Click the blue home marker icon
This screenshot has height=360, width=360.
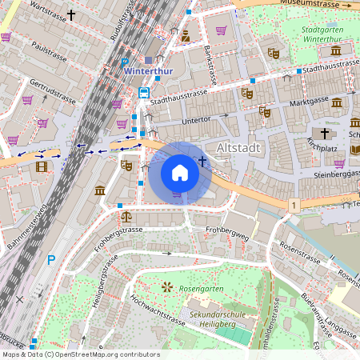pyautogui.click(x=180, y=172)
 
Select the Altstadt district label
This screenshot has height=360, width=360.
pyautogui.click(x=240, y=148)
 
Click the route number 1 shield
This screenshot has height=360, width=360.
pyautogui.click(x=294, y=206)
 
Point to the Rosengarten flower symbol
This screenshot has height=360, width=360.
pyautogui.click(x=166, y=286)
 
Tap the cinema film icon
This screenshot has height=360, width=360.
pyautogui.click(x=41, y=166)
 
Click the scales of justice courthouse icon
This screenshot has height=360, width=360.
pyautogui.click(x=126, y=215)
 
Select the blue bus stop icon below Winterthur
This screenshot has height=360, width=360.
pyautogui.click(x=143, y=93)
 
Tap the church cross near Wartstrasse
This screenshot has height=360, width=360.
pyautogui.click(x=71, y=14)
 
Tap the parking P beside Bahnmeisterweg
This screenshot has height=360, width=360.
pyautogui.click(x=51, y=259)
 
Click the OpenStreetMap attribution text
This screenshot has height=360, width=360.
pyautogui.click(x=80, y=354)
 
